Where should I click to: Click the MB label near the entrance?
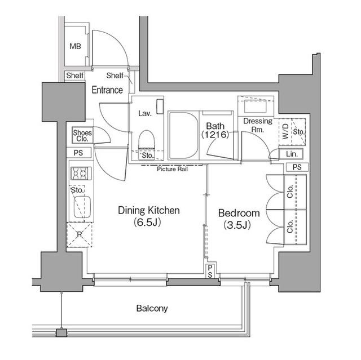coord(75,46)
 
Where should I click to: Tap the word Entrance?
coord(107,90)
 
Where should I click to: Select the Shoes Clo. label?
coord(82,136)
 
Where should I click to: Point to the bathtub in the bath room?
coord(183,136)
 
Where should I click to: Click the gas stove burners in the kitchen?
coord(81,174)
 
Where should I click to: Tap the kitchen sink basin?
coord(82,206)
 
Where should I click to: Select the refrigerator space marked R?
coord(80,235)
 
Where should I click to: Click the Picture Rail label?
coord(172,169)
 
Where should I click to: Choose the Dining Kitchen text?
coord(149,210)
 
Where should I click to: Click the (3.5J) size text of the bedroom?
coord(237,225)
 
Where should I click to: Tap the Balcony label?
coord(152,308)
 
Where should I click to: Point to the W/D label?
coord(285,131)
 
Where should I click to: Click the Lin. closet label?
coord(292,154)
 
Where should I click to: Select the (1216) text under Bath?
coord(215,135)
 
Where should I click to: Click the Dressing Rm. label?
coord(258,125)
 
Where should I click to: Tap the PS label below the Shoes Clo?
coord(78,153)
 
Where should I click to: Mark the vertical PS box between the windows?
coord(210,271)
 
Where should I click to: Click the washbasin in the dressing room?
coord(256,106)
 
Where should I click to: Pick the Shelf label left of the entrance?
coord(75,75)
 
